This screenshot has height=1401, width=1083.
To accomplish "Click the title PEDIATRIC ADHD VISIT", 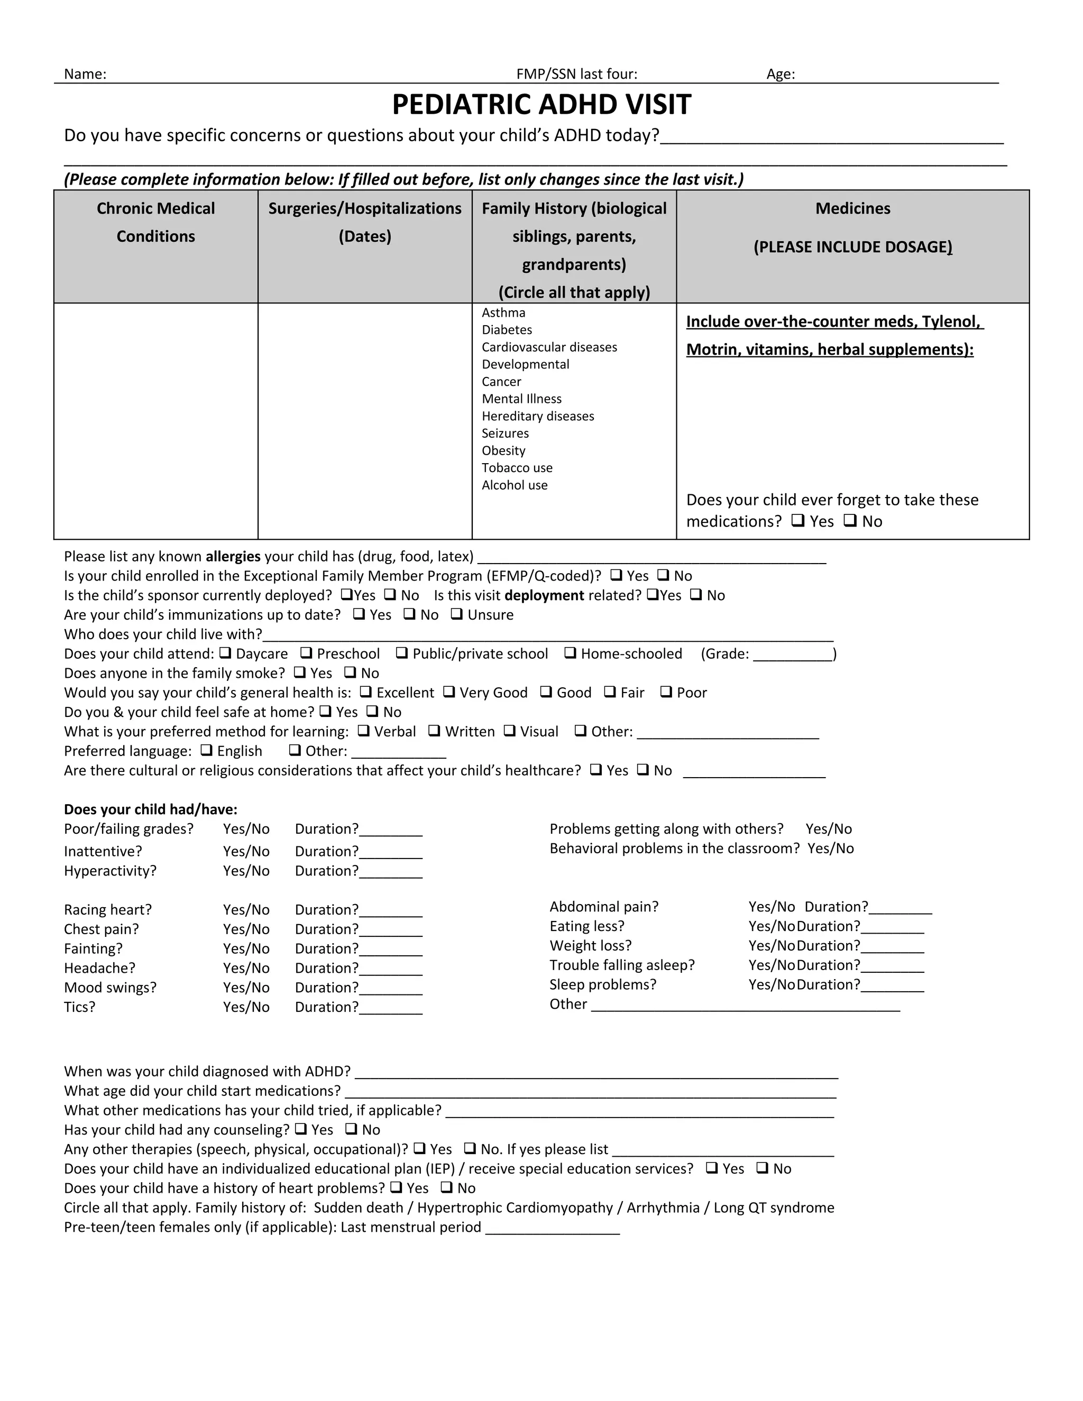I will tap(541, 105).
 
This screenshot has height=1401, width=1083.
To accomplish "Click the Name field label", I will tap(85, 75).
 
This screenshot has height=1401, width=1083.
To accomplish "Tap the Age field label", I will tap(780, 75).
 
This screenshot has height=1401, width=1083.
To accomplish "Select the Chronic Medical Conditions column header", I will tap(156, 222).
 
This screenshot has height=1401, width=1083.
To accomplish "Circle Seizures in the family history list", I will tap(505, 434).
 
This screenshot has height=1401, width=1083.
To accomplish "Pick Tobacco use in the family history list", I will tap(517, 468).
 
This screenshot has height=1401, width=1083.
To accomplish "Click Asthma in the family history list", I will tap(503, 313).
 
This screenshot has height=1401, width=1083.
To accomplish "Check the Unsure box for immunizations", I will tap(456, 614).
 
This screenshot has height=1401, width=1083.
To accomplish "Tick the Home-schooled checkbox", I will tap(570, 653).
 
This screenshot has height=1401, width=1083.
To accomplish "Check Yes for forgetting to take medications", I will tap(797, 521).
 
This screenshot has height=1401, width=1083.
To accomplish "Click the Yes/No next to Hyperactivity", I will tap(246, 871).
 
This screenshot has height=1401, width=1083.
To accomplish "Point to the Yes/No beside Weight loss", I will tap(771, 946).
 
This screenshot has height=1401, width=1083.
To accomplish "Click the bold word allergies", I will tap(233, 556).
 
